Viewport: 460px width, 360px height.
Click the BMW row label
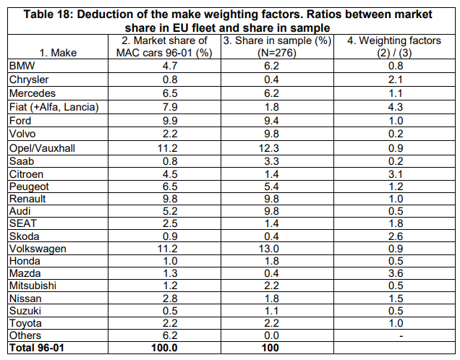pos(22,66)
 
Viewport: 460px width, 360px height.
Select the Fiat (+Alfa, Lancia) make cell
pos(54,107)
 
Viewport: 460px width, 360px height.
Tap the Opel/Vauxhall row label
pos(42,148)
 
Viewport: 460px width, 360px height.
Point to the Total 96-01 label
pos(37,348)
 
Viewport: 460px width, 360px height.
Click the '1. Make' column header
pos(58,53)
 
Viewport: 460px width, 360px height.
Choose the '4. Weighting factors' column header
pos(394,46)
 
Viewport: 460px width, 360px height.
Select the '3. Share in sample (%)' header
pos(277,46)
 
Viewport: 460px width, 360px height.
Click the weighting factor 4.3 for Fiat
pos(396,107)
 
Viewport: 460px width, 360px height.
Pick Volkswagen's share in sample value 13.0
pos(269,249)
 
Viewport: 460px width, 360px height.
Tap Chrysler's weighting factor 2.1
pos(396,80)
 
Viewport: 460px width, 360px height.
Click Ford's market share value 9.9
pos(170,121)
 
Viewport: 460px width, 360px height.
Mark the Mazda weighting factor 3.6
pos(396,273)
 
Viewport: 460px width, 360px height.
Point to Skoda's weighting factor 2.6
pos(396,236)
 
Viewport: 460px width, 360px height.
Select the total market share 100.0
pos(164,348)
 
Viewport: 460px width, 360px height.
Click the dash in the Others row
pos(401,336)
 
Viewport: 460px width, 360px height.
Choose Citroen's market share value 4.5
pos(170,174)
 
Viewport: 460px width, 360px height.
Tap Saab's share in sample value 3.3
pos(271,161)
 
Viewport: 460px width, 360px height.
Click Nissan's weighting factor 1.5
pos(396,299)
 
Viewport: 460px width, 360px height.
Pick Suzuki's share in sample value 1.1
pos(271,311)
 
